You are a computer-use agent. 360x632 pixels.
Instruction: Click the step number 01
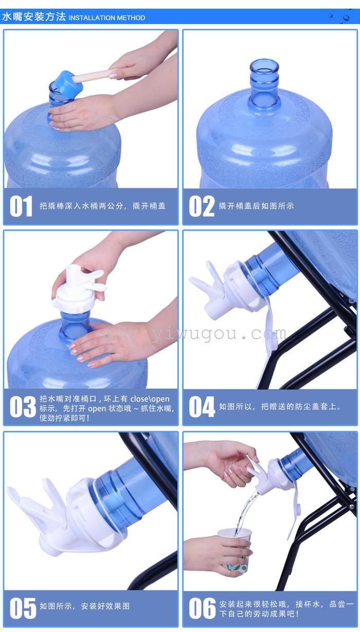[21, 206]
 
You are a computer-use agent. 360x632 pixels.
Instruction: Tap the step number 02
[202, 206]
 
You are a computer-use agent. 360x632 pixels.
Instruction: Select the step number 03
[23, 407]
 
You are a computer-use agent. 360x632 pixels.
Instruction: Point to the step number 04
[202, 407]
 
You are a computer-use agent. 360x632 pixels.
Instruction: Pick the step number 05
[23, 608]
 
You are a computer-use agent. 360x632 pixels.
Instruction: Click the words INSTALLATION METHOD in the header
[107, 18]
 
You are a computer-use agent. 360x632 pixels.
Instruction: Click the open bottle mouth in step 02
[264, 65]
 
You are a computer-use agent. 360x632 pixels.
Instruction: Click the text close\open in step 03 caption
[150, 399]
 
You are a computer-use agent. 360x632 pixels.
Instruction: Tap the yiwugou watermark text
[194, 334]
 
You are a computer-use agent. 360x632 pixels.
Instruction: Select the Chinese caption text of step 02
[256, 206]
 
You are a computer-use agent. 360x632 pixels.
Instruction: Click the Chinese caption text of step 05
[84, 606]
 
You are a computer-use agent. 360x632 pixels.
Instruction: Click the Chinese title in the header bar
[34, 17]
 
